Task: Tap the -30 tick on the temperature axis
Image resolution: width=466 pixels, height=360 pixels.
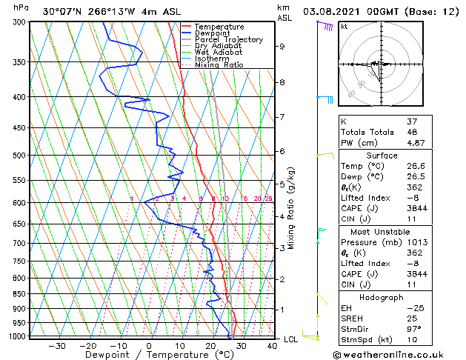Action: click(56, 346)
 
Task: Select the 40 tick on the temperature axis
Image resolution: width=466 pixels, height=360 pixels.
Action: click(272, 346)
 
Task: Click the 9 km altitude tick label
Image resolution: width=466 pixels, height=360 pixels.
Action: click(282, 47)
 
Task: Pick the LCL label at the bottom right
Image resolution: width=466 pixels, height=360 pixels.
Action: click(291, 339)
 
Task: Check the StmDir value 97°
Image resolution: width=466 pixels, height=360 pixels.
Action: click(415, 329)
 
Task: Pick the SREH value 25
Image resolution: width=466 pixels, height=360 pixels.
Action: click(413, 319)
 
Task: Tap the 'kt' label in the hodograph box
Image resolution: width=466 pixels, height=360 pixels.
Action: click(344, 26)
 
